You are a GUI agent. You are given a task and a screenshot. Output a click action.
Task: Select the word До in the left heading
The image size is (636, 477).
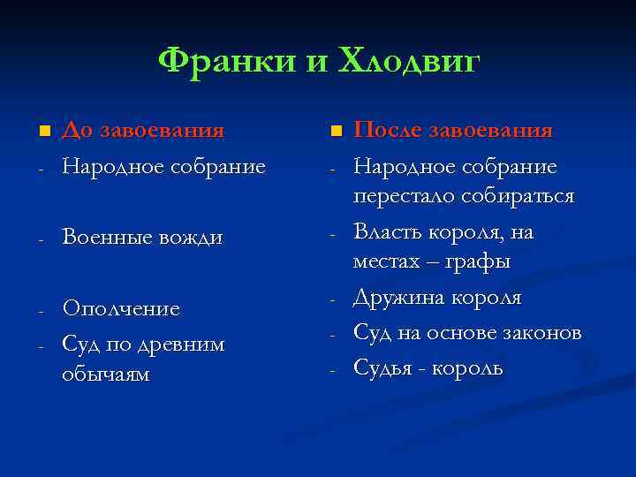pyautogui.click(x=77, y=131)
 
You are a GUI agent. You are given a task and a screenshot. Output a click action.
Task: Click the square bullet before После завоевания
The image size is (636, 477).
pyautogui.click(x=335, y=132)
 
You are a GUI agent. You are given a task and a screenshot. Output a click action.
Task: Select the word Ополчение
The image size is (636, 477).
pyautogui.click(x=121, y=309)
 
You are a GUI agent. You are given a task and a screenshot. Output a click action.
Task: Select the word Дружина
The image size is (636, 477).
pyautogui.click(x=397, y=298)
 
